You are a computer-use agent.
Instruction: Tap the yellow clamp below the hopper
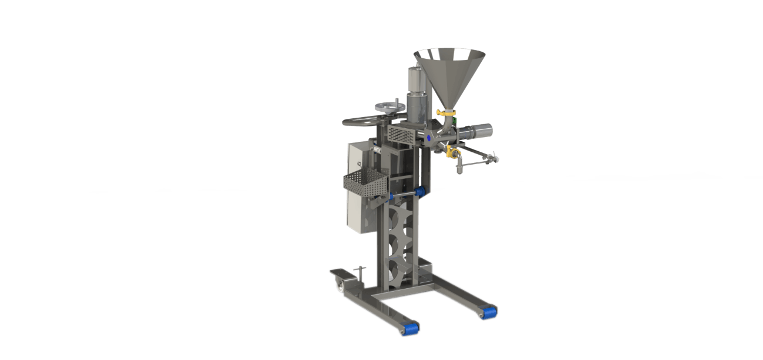447,111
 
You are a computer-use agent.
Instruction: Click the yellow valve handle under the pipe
452,152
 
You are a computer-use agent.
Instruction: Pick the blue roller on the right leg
488,311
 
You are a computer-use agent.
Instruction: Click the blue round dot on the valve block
429,137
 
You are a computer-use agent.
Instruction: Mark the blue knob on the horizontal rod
419,191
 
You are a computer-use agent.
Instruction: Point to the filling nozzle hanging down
459,168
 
